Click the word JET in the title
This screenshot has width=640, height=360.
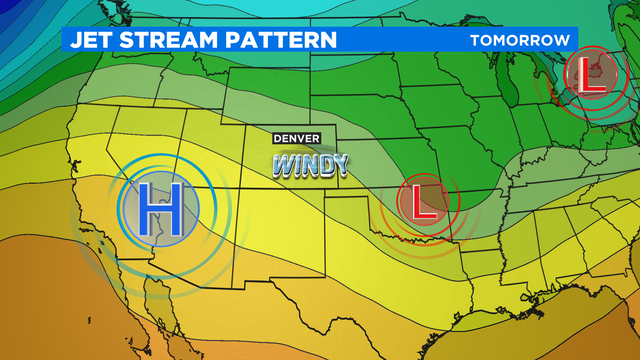coord(91,40)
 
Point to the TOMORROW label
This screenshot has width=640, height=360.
coord(519,40)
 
